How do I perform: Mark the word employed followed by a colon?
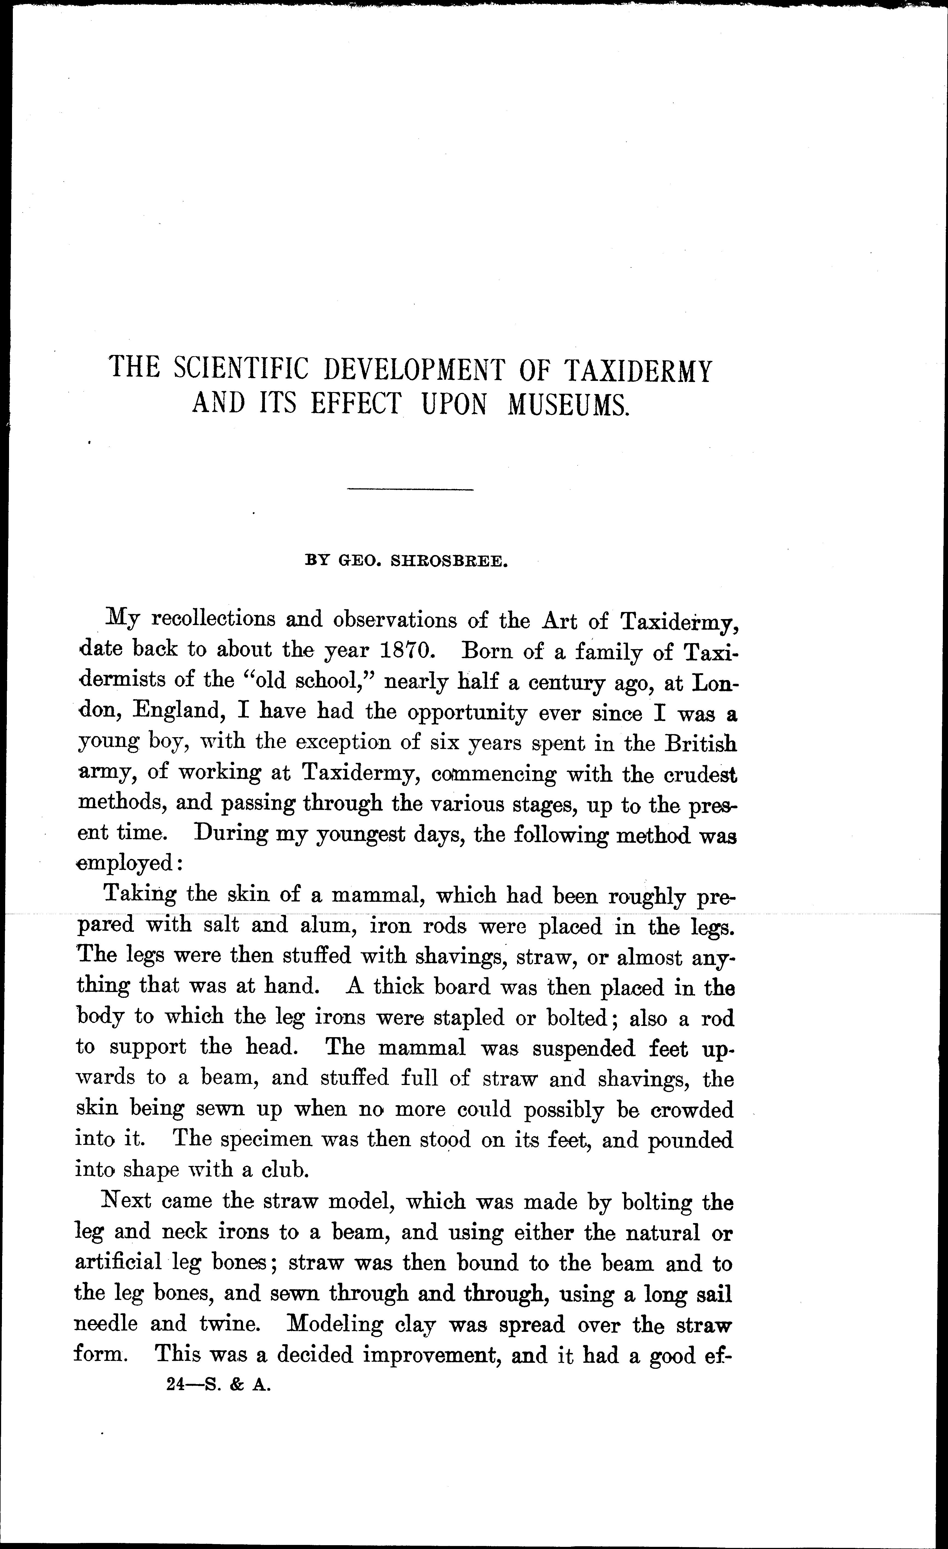pyautogui.click(x=128, y=864)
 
